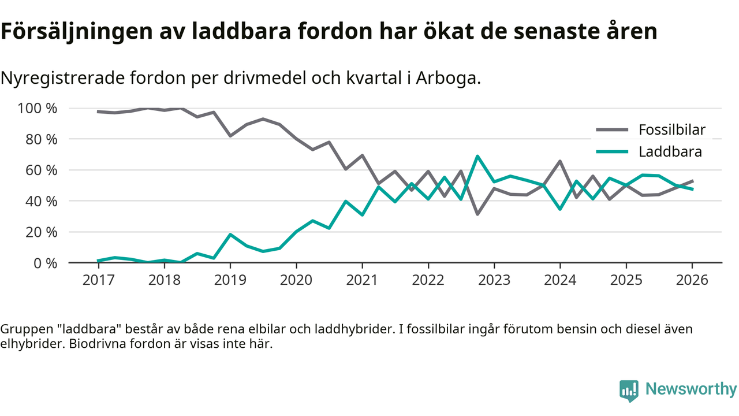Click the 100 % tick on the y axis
tap(38, 109)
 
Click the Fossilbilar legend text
tap(671, 130)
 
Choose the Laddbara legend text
tap(670, 152)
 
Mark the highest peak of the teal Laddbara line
tap(477, 156)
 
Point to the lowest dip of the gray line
tap(477, 214)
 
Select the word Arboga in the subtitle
tap(450, 78)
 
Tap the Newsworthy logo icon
tap(629, 391)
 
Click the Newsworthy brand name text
tap(691, 389)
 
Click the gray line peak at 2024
tap(560, 161)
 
